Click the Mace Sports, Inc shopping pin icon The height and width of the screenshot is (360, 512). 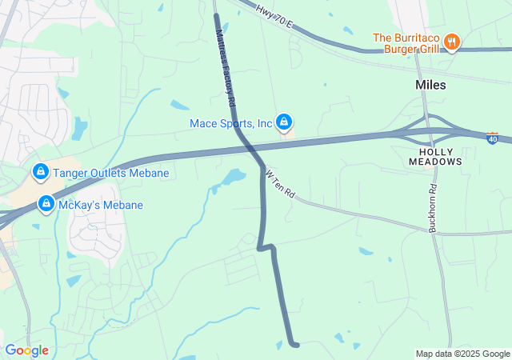(283, 122)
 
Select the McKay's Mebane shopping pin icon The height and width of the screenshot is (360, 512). (46, 204)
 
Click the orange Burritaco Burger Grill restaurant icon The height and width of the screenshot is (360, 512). (452, 42)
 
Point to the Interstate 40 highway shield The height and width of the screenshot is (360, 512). (492, 138)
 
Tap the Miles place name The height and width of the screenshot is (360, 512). (430, 84)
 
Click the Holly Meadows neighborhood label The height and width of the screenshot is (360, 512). (435, 156)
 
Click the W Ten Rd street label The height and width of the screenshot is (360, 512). (280, 184)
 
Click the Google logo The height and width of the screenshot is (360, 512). (26, 350)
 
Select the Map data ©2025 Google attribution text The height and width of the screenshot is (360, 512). (462, 354)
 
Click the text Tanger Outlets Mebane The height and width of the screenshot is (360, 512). (111, 173)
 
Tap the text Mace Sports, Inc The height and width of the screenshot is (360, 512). (231, 123)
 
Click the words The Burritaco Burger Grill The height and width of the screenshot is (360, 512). (406, 43)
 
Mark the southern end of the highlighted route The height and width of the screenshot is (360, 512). (296, 345)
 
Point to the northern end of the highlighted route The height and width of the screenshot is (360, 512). (216, 15)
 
